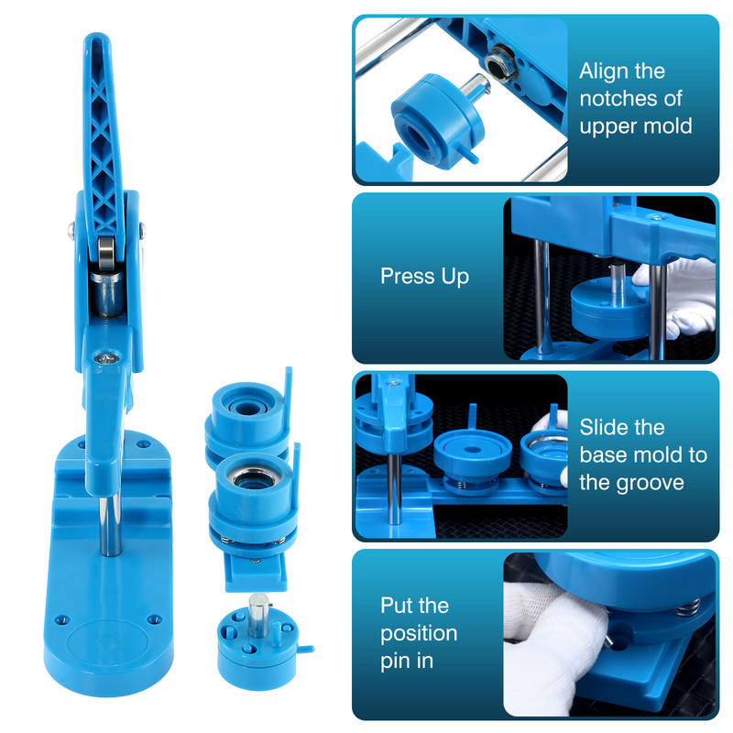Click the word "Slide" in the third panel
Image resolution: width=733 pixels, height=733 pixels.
click(x=602, y=427)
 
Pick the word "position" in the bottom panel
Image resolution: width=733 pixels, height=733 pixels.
click(x=419, y=634)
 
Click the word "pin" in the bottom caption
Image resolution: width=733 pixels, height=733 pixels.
click(x=393, y=662)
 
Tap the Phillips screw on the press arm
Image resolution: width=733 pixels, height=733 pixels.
click(x=107, y=359)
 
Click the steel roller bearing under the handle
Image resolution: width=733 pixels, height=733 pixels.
click(x=106, y=253)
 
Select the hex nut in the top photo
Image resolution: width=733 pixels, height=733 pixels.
click(x=500, y=63)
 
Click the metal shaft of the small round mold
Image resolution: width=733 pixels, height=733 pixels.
click(x=258, y=614)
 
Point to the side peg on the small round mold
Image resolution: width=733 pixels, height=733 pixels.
click(x=306, y=649)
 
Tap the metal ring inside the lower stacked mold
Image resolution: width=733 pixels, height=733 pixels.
click(x=253, y=476)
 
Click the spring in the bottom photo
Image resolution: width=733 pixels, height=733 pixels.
click(x=686, y=607)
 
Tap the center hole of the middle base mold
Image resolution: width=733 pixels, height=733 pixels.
click(x=473, y=450)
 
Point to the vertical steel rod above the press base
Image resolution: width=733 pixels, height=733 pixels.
click(x=110, y=526)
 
